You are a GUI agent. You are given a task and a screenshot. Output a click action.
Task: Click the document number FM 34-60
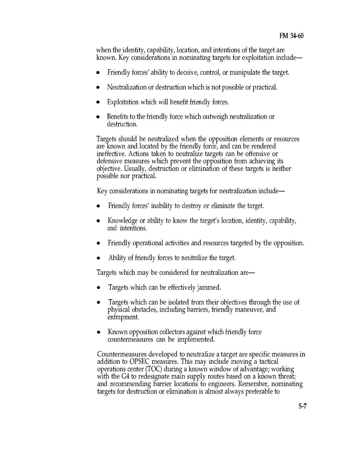click(x=292, y=36)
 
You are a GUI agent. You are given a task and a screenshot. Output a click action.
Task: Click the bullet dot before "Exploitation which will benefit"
click(x=98, y=102)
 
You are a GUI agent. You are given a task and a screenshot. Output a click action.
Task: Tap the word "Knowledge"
click(x=122, y=221)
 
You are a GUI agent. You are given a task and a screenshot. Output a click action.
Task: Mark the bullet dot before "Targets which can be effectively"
click(x=99, y=288)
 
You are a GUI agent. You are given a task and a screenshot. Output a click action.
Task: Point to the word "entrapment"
click(x=123, y=317)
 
